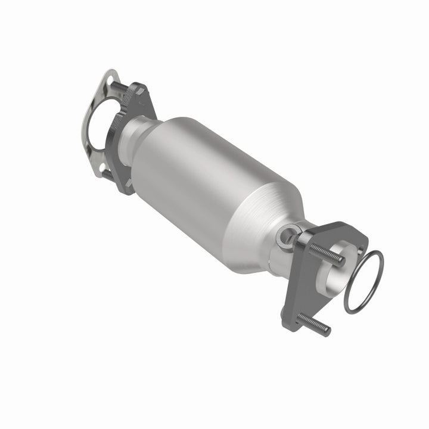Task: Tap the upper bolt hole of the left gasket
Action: (110, 78)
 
